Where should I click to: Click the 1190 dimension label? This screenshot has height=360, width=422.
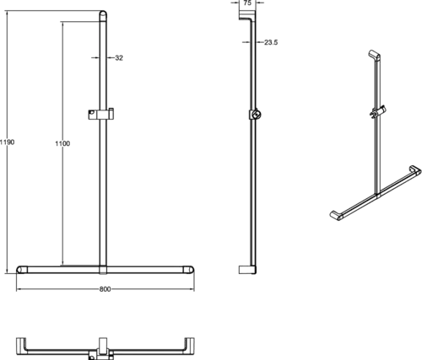point(7,142)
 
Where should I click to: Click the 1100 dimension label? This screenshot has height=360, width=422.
point(62,143)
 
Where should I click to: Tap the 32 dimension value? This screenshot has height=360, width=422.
point(119,58)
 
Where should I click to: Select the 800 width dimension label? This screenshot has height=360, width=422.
point(105,289)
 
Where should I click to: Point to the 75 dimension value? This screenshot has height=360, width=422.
point(247,3)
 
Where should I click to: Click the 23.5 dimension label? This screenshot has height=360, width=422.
point(271,42)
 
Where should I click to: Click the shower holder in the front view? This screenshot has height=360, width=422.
point(101,114)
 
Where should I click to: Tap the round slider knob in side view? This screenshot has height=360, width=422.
point(257,115)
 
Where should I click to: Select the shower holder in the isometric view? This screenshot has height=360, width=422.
point(378,112)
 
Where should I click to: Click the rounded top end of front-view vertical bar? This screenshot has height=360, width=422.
point(103,14)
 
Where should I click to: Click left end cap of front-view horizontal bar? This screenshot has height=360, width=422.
point(22,270)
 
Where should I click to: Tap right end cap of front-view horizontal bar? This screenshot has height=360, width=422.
point(188,270)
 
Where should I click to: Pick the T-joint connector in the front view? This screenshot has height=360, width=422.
point(103,269)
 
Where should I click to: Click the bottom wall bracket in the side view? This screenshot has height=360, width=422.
point(247,270)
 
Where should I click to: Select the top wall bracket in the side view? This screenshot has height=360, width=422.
point(247,15)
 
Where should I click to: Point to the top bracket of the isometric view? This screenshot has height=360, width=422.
point(375,55)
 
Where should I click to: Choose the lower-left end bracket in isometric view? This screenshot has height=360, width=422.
point(337,216)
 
